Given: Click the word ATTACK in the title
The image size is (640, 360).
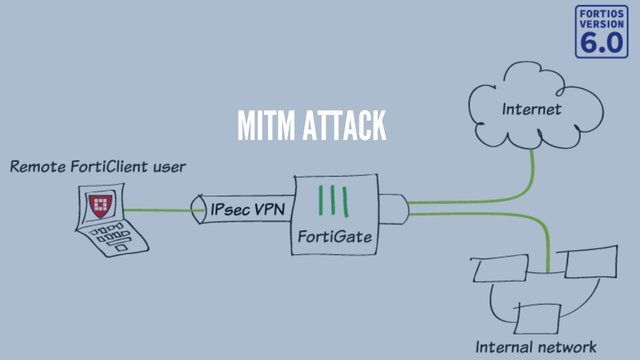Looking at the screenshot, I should pyautogui.click(x=344, y=125).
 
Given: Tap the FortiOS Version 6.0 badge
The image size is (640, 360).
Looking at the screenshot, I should pyautogui.click(x=601, y=31).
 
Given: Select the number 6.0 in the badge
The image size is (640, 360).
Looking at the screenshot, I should pyautogui.click(x=601, y=43).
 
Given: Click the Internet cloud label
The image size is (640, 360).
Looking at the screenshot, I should pyautogui.click(x=531, y=109).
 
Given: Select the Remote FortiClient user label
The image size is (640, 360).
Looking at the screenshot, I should pyautogui.click(x=98, y=166).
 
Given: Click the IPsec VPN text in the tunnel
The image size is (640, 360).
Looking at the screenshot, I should pyautogui.click(x=247, y=209).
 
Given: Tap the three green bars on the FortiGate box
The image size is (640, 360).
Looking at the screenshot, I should pyautogui.click(x=333, y=201).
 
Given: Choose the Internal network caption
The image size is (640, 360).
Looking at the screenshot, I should pyautogui.click(x=535, y=346).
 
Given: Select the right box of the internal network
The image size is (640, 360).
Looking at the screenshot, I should pyautogui.click(x=591, y=261).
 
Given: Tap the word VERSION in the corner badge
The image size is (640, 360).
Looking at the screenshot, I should pyautogui.click(x=601, y=24).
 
